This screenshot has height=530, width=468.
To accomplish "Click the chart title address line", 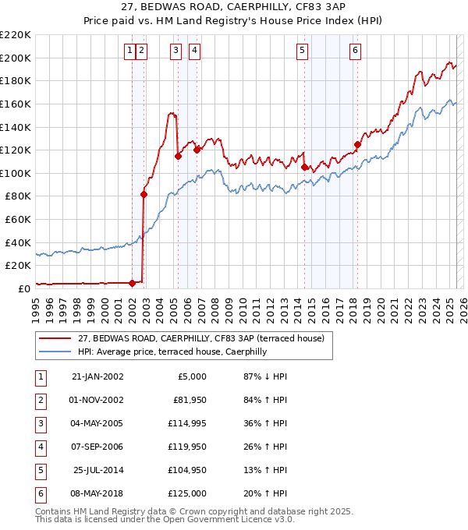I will pyautogui.click(x=233, y=8).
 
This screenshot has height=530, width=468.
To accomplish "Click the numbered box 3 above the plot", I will pyautogui.click(x=175, y=51).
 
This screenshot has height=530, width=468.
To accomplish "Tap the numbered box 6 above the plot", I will pyautogui.click(x=355, y=51).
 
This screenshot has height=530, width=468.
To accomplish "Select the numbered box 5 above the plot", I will pyautogui.click(x=302, y=51).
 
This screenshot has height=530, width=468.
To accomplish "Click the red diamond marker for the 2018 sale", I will pyautogui.click(x=358, y=144).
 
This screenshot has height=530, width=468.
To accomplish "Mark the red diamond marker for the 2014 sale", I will pyautogui.click(x=304, y=167).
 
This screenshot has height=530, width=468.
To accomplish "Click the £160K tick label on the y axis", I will pyautogui.click(x=16, y=104).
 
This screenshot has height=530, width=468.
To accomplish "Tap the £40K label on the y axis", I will pyautogui.click(x=18, y=242).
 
